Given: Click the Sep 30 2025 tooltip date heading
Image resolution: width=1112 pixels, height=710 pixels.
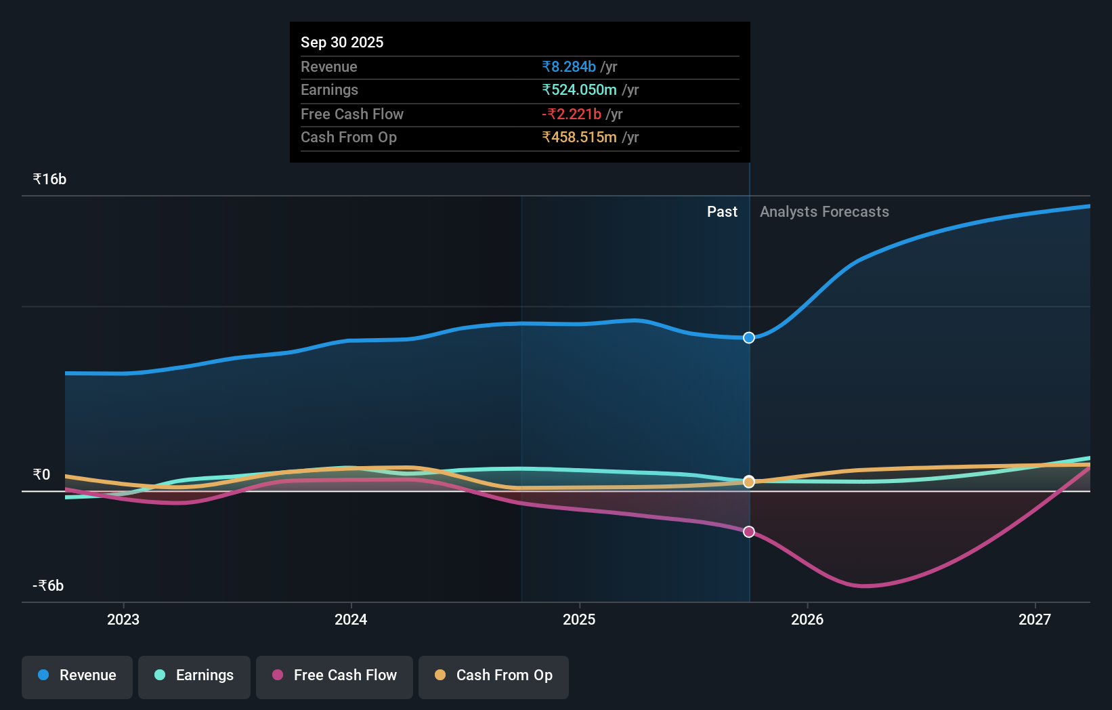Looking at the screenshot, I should (342, 42).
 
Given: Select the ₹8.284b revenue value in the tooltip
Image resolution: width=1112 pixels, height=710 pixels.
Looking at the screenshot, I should (569, 66).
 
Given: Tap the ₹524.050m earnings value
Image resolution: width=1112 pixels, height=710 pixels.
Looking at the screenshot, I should (579, 90).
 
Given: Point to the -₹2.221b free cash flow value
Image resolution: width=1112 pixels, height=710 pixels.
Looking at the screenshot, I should (572, 114).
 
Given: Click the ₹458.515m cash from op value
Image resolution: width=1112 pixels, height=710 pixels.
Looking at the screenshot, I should (579, 138).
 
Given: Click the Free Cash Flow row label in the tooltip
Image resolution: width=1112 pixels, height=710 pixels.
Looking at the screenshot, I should (352, 114).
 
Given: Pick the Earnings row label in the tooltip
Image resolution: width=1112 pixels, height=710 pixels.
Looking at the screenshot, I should (329, 90).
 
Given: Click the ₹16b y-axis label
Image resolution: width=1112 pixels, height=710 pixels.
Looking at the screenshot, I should (49, 179).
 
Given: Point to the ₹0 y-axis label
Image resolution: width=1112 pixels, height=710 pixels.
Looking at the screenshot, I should (41, 474).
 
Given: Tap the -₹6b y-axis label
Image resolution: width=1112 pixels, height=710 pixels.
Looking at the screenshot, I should (48, 585).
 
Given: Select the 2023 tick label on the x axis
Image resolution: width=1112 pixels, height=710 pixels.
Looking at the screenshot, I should (123, 619).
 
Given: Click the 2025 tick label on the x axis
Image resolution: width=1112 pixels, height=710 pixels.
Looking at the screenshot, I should (579, 619).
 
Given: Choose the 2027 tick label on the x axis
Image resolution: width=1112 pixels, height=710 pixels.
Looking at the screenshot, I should (1035, 619).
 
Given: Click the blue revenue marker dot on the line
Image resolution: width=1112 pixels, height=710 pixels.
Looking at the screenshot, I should (749, 337).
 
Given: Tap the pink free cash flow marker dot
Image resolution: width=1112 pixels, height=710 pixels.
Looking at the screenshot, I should (749, 532).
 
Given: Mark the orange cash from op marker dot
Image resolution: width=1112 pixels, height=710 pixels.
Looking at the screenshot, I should (749, 482).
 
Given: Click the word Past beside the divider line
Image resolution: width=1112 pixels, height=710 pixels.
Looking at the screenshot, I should (722, 211).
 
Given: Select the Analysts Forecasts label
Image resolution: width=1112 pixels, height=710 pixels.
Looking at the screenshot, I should (824, 211).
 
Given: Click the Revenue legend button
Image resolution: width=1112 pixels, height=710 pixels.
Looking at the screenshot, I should (77, 675).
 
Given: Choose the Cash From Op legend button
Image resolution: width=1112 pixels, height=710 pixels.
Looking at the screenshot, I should (494, 675).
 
